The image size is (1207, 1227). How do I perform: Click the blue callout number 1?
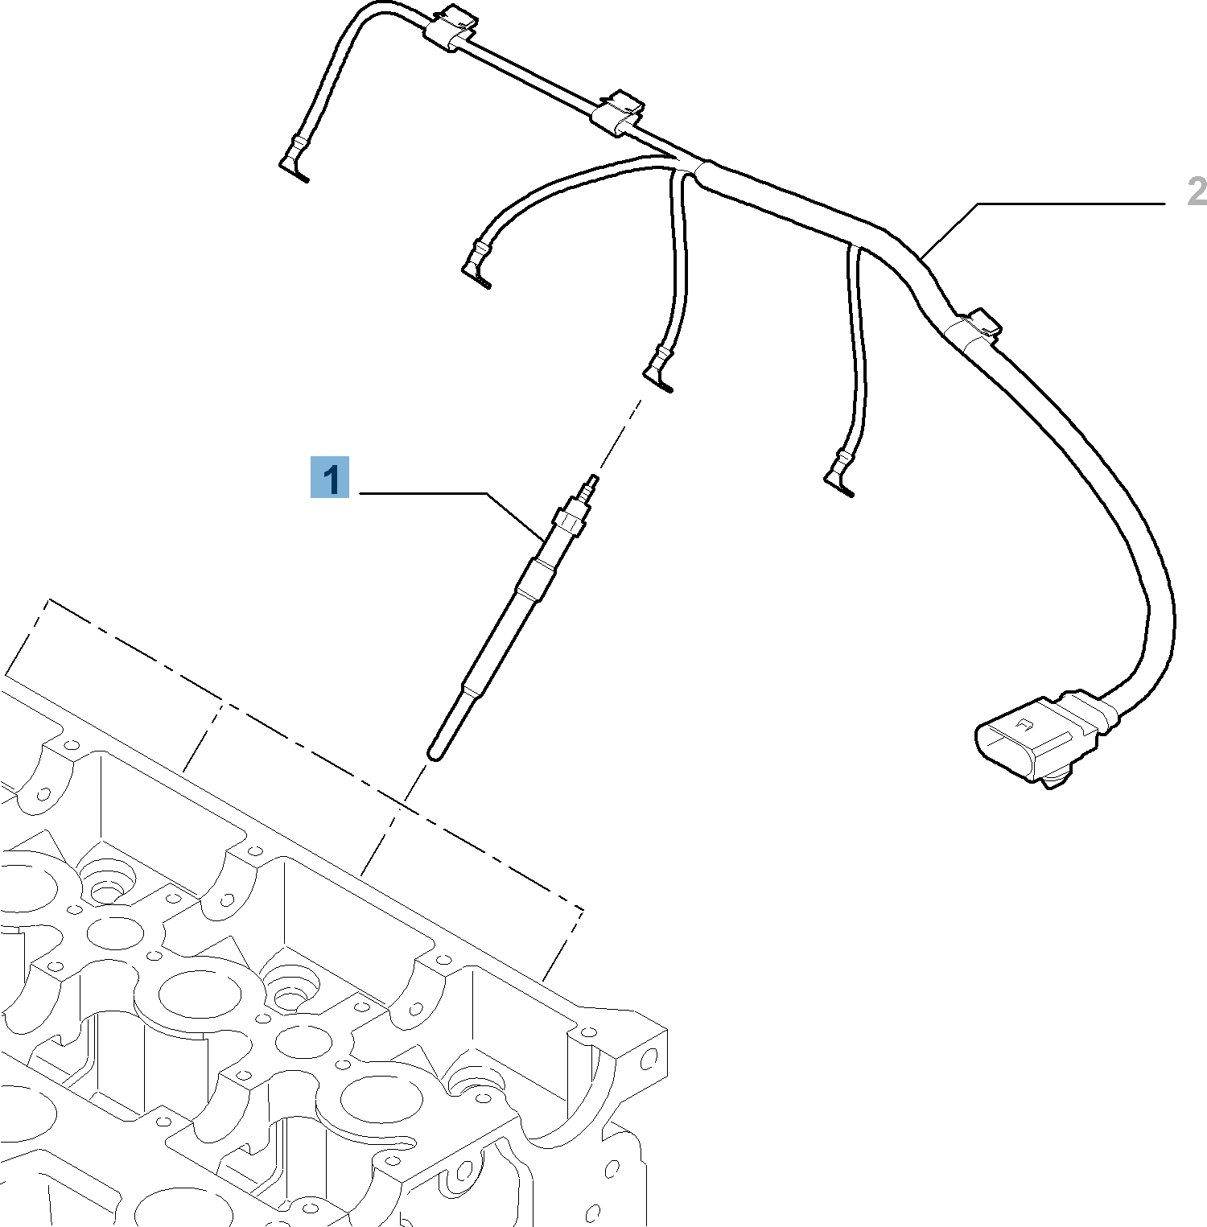[330, 478]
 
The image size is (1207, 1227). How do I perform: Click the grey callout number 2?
[1197, 191]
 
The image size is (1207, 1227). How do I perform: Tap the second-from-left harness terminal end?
[476, 266]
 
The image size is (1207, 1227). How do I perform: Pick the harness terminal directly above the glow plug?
[659, 370]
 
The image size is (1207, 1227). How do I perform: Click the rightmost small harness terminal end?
[839, 475]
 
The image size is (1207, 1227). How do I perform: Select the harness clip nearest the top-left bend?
[449, 30]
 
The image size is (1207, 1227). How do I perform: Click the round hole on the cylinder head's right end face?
[649, 1059]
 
